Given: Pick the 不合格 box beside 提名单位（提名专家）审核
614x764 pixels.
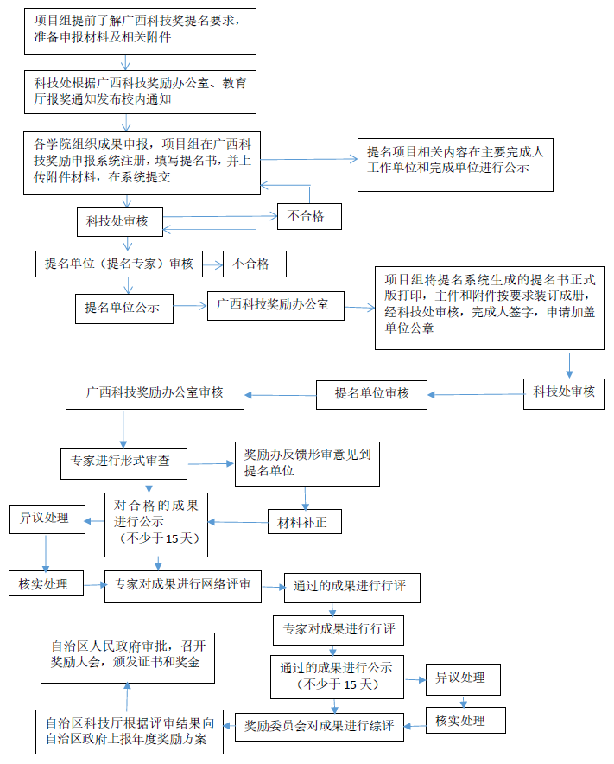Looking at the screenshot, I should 254,264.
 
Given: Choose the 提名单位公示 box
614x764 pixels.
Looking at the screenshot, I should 123,307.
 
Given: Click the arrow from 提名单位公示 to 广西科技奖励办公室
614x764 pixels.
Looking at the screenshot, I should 190,305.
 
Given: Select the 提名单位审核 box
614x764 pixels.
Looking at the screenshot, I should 372,394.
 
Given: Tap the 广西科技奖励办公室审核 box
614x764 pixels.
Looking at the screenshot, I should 155,393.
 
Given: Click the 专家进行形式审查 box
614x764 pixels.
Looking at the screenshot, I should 124,462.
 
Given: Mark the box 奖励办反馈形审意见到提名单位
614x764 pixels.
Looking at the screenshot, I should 307,463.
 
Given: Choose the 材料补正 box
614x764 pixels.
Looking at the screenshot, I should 304,523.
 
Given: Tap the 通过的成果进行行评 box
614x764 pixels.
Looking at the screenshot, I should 352,587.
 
